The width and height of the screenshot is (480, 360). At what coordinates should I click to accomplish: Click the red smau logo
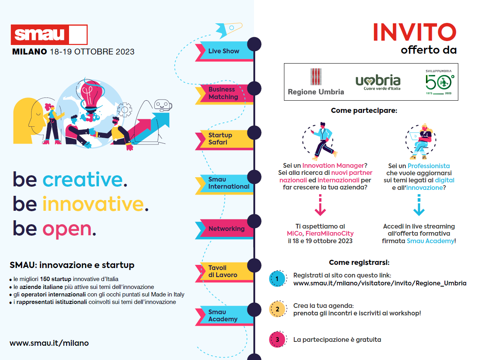coord(49,35)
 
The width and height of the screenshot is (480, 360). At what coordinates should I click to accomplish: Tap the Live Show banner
coord(224,51)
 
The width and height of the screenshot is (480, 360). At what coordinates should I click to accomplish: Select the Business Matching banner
coord(224,94)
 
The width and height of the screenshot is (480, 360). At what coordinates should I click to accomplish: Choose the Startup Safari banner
coord(224,140)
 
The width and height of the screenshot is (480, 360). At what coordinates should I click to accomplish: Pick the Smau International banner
coord(224,184)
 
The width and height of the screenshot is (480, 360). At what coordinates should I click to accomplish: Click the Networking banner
coord(224,229)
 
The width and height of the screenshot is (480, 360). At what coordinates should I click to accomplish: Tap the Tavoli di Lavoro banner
coord(224,272)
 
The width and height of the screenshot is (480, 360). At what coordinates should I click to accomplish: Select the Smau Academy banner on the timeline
coord(224,316)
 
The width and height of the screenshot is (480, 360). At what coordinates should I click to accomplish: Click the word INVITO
coord(415,32)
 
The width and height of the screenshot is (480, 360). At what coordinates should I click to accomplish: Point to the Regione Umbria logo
coord(316,82)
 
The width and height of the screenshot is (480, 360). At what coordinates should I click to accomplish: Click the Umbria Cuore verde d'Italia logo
coord(378,82)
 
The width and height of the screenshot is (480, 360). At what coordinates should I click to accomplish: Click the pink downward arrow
coord(320,205)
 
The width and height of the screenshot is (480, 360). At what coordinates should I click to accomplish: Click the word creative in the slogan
coord(83,180)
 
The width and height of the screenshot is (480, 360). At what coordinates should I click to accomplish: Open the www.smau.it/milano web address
coord(49,343)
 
